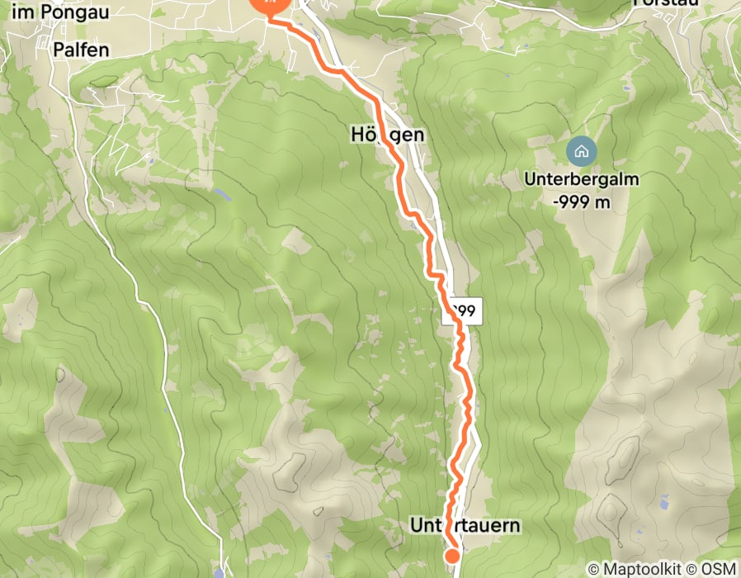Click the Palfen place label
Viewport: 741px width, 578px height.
point(82,50)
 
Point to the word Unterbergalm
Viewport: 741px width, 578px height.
point(582,179)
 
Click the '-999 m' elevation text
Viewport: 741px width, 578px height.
point(582,201)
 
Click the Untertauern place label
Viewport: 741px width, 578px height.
point(465,525)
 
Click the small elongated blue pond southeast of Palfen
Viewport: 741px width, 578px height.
point(223,196)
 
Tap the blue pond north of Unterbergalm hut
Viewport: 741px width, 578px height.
point(627,87)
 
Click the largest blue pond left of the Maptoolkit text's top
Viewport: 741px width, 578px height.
point(663,500)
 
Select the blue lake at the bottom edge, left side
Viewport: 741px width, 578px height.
point(218,572)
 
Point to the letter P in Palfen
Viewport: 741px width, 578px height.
point(59,50)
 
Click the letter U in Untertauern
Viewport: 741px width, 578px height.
point(416,525)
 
